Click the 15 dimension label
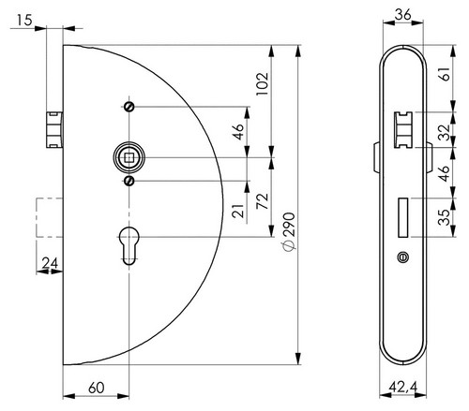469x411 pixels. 24,21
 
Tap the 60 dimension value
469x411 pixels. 97,388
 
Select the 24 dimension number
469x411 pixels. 50,263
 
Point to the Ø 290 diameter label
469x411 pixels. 289,232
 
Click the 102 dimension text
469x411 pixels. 262,84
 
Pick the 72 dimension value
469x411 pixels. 262,201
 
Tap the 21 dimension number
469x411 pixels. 237,211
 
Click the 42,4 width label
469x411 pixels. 403,388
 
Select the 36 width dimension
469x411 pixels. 403,15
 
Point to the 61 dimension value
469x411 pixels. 446,74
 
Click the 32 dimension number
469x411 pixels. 444,132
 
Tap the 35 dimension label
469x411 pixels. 444,217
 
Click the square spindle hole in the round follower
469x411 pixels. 129,158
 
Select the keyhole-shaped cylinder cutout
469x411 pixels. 129,246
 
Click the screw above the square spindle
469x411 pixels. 129,107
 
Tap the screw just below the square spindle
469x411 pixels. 129,181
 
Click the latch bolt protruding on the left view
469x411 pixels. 54,129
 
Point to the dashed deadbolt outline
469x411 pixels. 50,217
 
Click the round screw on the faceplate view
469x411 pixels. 403,257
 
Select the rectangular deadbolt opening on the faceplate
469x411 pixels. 403,217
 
